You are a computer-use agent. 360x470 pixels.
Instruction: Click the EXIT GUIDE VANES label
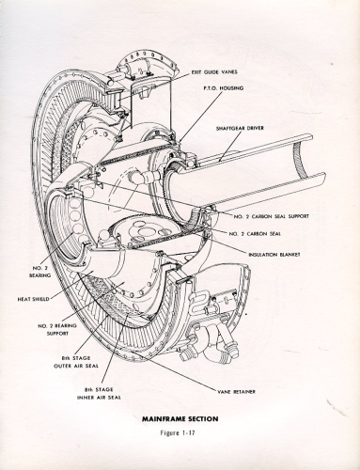click(214, 72)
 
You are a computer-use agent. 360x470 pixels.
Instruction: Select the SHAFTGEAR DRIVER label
click(240, 128)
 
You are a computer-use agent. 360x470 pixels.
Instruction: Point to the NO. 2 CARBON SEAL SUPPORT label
click(272, 216)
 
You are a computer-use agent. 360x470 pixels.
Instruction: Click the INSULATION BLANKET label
click(274, 255)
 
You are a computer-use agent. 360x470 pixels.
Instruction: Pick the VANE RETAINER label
click(236, 392)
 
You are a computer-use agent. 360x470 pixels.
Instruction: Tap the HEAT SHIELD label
click(33, 299)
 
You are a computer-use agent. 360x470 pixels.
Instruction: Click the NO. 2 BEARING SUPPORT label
click(53, 330)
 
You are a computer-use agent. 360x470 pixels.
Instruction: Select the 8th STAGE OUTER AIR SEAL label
click(76, 362)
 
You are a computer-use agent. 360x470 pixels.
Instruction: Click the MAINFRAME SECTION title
click(180, 418)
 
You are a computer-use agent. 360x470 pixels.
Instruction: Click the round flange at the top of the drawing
click(147, 68)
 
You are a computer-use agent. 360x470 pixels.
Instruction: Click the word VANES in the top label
click(229, 72)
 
